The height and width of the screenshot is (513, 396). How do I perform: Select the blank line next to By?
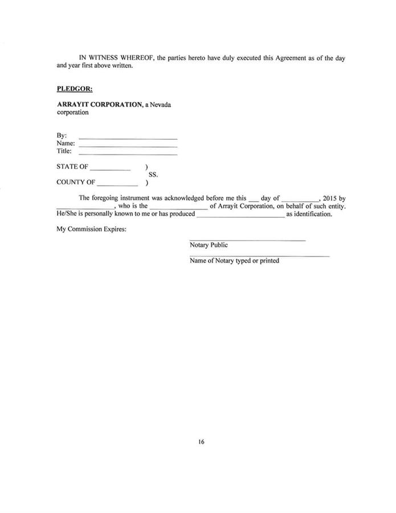point(128,139)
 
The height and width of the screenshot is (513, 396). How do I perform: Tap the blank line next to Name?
point(128,146)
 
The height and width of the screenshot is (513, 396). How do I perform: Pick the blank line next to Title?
point(128,154)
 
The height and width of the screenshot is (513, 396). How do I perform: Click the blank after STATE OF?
point(110,170)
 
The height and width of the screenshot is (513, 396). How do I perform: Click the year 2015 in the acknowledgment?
point(330,198)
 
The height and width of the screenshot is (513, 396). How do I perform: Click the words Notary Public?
point(209,245)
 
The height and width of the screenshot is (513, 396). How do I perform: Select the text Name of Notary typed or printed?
point(234,261)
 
